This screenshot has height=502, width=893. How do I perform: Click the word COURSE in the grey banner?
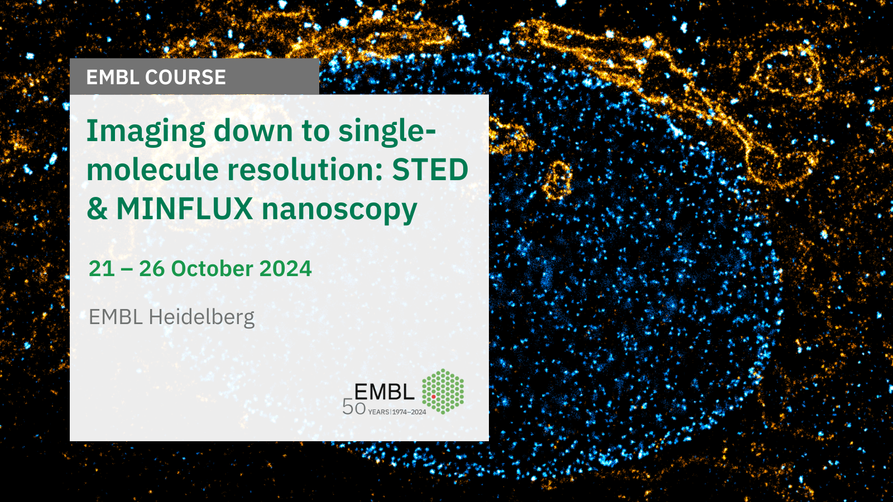point(185,77)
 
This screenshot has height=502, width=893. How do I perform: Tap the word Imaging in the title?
point(146,132)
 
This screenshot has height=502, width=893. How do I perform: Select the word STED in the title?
point(430,170)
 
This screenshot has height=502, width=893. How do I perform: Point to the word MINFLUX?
point(185,209)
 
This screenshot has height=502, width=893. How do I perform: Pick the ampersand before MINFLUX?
point(97,209)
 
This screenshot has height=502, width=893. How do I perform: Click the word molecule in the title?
point(153,170)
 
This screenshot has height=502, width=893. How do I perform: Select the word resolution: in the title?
point(305,170)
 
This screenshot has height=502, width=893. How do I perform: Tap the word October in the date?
point(212,268)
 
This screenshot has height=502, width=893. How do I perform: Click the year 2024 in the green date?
point(285,268)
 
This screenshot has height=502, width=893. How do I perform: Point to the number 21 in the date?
point(102,268)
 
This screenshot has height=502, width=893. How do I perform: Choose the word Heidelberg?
point(201,318)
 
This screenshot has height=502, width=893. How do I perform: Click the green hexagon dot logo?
point(443,391)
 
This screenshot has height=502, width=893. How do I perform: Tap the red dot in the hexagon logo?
point(433,397)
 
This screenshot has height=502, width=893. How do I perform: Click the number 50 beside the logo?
point(354,407)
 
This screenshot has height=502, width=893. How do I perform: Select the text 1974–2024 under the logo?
point(410,412)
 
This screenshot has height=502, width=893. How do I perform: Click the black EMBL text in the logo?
point(385,392)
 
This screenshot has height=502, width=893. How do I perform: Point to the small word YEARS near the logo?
point(379,412)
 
